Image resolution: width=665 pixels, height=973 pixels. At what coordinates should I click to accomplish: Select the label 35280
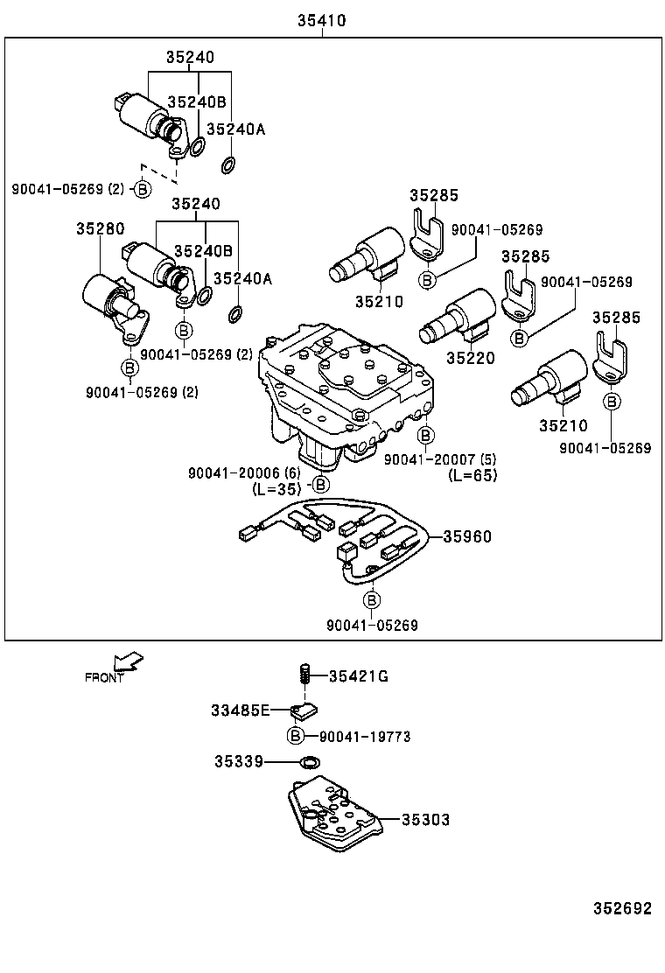[x=98, y=228]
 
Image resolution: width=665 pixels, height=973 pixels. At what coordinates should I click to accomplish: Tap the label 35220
[x=470, y=358]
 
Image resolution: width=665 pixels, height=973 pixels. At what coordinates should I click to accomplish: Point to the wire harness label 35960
[x=467, y=536]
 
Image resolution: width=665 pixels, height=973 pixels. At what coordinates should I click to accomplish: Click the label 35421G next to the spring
[x=359, y=675]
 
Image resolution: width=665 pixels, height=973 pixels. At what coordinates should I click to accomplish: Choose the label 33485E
[x=240, y=710]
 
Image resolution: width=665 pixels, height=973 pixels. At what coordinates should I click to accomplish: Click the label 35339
[x=238, y=761]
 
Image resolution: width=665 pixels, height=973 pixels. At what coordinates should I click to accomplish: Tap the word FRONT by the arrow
[x=104, y=677]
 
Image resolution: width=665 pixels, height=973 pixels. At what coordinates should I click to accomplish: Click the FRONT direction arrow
[x=129, y=662]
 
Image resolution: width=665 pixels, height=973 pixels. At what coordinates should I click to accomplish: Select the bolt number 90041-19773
[x=360, y=737]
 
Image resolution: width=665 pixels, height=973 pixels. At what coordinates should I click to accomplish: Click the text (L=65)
[x=472, y=475]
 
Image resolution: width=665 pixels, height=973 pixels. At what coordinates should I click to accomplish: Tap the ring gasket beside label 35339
[x=308, y=762]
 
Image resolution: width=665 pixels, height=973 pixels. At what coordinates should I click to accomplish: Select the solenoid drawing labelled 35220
[x=456, y=317]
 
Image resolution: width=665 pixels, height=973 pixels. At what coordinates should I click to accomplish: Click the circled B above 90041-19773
[x=296, y=735]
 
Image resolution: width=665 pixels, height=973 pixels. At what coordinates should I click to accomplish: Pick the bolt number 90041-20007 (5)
[x=440, y=459]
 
